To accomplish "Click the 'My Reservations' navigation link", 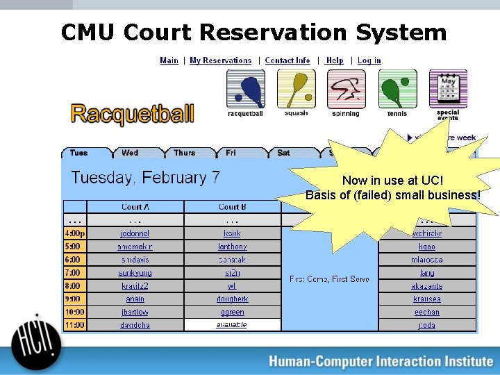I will pyautogui.click(x=220, y=60).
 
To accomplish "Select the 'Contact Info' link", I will pyautogui.click(x=287, y=60).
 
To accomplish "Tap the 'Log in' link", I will pyautogui.click(x=369, y=60).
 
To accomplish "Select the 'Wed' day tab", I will pyautogui.click(x=130, y=153).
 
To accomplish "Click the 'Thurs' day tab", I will pyautogui.click(x=185, y=153).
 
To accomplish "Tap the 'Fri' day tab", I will pyautogui.click(x=231, y=153).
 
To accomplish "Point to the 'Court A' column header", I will pyautogui.click(x=135, y=207).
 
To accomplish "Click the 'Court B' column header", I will pyautogui.click(x=232, y=207).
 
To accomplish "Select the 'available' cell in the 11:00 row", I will pyautogui.click(x=232, y=325).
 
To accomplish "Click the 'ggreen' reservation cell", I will pyautogui.click(x=232, y=312).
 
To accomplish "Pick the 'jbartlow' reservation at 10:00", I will pyautogui.click(x=135, y=312).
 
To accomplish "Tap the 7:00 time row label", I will pyautogui.click(x=74, y=273).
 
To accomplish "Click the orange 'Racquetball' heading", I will pyautogui.click(x=132, y=114).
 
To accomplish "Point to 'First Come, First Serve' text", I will pyautogui.click(x=329, y=279).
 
